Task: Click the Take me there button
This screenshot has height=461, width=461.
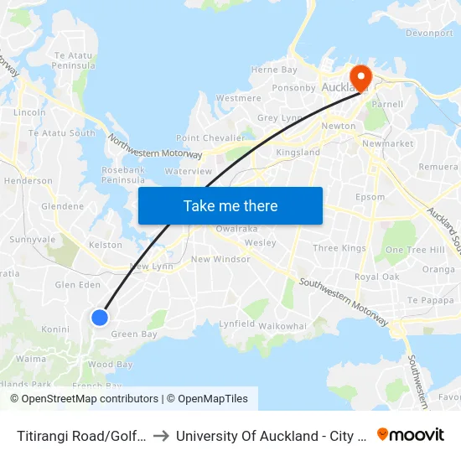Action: [x=230, y=205]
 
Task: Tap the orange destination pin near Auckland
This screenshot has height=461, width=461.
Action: [x=360, y=78]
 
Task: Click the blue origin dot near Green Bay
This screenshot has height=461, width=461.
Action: [x=100, y=317]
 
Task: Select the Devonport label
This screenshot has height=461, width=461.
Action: [x=430, y=34]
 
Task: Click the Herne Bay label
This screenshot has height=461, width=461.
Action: [x=274, y=70]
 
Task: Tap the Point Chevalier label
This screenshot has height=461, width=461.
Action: [x=210, y=137]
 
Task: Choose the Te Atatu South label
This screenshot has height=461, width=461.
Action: [x=62, y=132]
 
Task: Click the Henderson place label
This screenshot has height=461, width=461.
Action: [x=28, y=180]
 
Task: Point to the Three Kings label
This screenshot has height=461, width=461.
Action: [x=339, y=248]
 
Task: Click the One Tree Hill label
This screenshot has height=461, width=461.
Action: [x=414, y=250]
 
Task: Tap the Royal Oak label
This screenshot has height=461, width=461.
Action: [x=377, y=277]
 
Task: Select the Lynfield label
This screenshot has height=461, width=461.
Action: [x=236, y=323]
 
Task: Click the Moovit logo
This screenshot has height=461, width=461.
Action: [x=411, y=434]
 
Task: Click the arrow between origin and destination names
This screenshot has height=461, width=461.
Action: [x=162, y=435]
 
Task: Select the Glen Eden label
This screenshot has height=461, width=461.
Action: [x=77, y=285]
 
